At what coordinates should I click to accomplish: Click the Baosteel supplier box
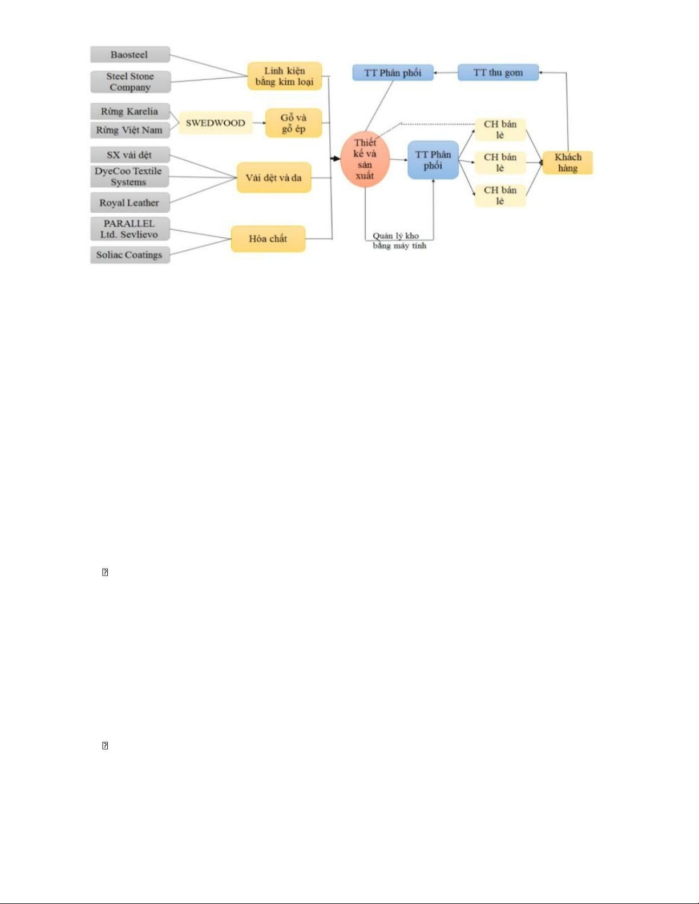point(130,55)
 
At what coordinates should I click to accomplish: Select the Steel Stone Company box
point(130,82)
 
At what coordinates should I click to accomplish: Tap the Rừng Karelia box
point(130,111)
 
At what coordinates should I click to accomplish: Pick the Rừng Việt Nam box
point(130,130)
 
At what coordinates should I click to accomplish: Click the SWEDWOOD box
point(216,123)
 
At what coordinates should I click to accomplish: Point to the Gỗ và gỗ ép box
point(294,123)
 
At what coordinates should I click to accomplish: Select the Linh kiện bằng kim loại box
point(285,76)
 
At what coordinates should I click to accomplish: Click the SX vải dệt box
point(130,155)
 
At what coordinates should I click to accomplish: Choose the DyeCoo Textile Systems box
point(130,176)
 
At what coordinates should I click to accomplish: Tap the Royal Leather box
point(130,202)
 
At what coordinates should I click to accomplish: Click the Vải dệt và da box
point(274,177)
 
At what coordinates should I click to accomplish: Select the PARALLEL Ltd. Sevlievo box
point(130,229)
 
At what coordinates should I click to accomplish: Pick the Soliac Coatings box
point(130,254)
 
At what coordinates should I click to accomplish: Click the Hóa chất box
point(268,239)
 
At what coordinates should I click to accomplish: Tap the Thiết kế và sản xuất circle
point(365,159)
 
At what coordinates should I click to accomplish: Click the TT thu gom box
point(498,72)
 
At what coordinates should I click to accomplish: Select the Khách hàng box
point(568,163)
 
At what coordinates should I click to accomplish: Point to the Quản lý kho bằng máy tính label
point(399,241)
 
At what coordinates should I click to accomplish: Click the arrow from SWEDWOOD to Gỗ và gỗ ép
point(259,123)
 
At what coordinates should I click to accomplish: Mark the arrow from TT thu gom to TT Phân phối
point(446,73)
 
